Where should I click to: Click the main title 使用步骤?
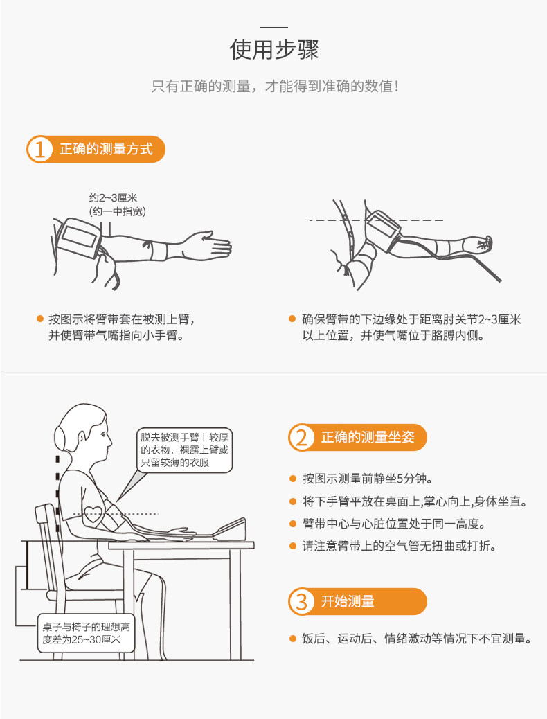(274, 51)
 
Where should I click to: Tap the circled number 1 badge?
(40, 150)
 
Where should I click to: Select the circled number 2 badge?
(301, 438)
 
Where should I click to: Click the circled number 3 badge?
(301, 601)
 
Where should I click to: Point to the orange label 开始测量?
(348, 601)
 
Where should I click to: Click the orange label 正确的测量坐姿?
(367, 438)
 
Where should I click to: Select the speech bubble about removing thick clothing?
(183, 450)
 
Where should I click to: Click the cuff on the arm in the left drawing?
(80, 236)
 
